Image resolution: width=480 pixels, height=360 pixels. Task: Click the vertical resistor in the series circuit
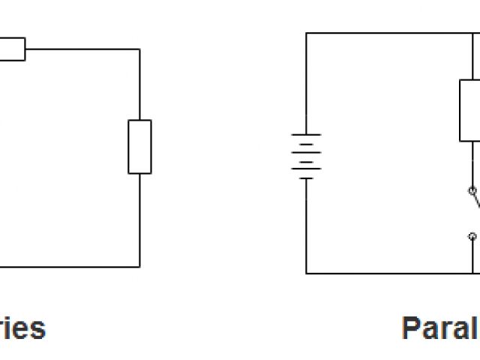tap(139, 146)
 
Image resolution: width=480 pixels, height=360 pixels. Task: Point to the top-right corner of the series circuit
tap(139, 49)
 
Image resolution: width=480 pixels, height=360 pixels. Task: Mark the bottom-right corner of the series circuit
tap(139, 265)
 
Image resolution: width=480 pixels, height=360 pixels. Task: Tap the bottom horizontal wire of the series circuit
tap(67, 265)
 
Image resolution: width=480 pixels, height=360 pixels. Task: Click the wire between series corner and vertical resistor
tap(139, 84)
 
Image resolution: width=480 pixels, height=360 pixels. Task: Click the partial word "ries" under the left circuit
tap(22, 328)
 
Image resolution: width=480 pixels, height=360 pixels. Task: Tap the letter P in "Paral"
tap(412, 328)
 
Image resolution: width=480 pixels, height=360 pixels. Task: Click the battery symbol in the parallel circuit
tap(306, 156)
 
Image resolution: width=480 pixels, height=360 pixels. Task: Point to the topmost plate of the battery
tap(306, 135)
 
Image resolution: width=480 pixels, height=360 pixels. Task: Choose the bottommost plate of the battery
tap(306, 178)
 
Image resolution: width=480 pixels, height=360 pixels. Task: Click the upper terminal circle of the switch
tap(472, 190)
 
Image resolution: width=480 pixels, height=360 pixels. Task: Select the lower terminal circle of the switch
tap(472, 236)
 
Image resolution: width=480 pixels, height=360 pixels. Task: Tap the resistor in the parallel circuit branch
tap(470, 109)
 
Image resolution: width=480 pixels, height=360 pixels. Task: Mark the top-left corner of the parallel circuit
tap(306, 33)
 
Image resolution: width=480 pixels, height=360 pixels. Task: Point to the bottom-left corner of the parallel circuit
tap(306, 273)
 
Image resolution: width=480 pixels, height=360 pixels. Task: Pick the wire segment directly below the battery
tap(306, 225)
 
